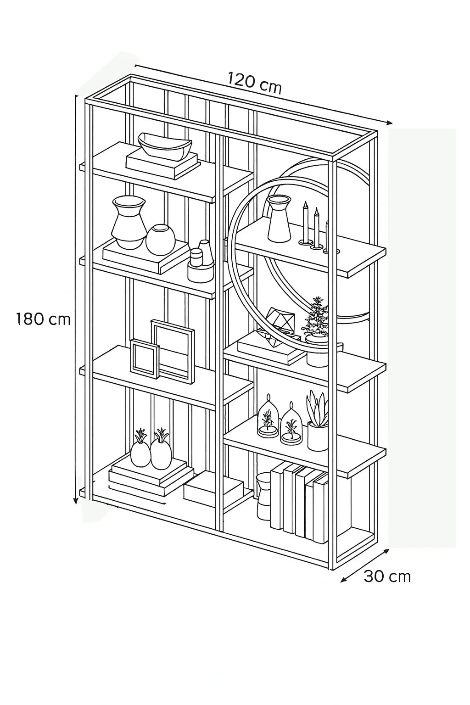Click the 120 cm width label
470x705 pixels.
pyautogui.click(x=254, y=83)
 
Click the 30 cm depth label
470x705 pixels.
pyautogui.click(x=387, y=576)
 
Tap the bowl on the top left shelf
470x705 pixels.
pyautogui.click(x=164, y=145)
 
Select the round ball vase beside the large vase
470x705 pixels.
pyautogui.click(x=161, y=239)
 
